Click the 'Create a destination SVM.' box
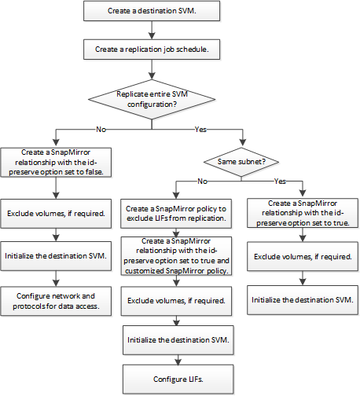(x=152, y=11)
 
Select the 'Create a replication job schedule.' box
(x=152, y=49)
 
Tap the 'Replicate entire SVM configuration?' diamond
(x=152, y=99)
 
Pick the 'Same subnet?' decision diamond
(x=241, y=162)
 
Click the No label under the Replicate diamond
(x=101, y=130)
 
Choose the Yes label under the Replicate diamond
(x=200, y=130)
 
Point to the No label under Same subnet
(x=202, y=181)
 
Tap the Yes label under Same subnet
(x=280, y=181)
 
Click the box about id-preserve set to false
(x=56, y=163)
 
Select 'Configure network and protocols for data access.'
(x=56, y=301)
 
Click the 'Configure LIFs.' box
(x=178, y=379)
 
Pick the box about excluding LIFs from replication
(x=176, y=214)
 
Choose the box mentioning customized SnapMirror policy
(x=176, y=256)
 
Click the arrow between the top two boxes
(x=152, y=30)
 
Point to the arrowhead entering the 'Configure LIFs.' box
(x=178, y=361)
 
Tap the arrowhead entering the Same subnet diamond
(x=243, y=142)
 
